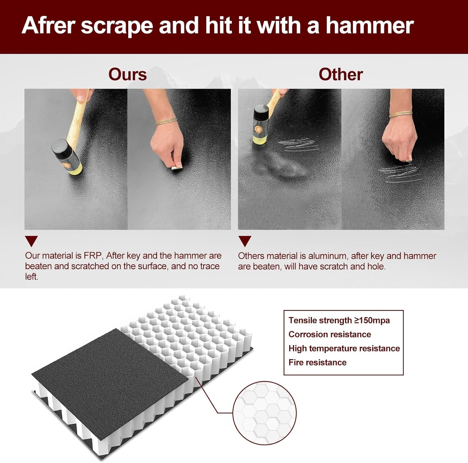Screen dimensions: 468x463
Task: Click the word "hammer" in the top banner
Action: pos(370,26)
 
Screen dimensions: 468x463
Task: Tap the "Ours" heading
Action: pos(127,75)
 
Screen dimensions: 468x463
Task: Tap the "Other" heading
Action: pos(341,75)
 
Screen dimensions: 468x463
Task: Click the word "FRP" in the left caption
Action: pos(93,256)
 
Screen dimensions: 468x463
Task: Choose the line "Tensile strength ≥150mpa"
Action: pos(339,320)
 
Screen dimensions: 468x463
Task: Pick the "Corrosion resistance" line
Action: pos(330,334)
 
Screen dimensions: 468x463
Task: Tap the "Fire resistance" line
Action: pos(318,362)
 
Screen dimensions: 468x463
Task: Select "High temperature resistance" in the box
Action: pos(344,349)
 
